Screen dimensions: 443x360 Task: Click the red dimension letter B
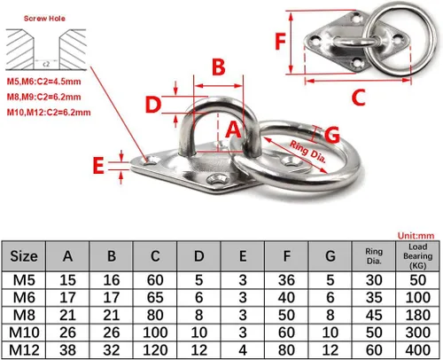pos(219,67)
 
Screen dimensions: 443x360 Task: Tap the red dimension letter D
pos(153,105)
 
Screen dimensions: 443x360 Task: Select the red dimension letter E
pos(98,166)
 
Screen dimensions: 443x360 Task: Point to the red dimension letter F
pos(280,42)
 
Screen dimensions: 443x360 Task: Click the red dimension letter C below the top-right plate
pos(359,98)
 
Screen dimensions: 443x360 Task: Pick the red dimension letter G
pos(332,135)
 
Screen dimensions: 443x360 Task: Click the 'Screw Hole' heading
pos(44,19)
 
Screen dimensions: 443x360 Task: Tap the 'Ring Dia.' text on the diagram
pos(307,152)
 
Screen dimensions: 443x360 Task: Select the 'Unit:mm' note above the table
pos(416,236)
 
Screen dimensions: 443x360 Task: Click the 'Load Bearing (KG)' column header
pos(417,256)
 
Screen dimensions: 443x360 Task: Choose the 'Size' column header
pos(24,256)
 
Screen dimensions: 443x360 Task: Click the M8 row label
pos(24,315)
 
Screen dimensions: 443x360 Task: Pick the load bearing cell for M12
pos(417,350)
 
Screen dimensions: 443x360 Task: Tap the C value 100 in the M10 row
pos(155,333)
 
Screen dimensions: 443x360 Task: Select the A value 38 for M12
pos(67,350)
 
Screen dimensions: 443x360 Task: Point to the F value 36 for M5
pos(286,280)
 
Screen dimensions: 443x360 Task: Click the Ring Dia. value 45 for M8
pos(374,315)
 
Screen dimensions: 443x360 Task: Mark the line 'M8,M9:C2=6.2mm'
pos(44,97)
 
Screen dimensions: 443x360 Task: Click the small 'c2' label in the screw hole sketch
pos(46,64)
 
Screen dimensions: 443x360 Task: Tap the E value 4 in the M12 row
pos(243,350)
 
